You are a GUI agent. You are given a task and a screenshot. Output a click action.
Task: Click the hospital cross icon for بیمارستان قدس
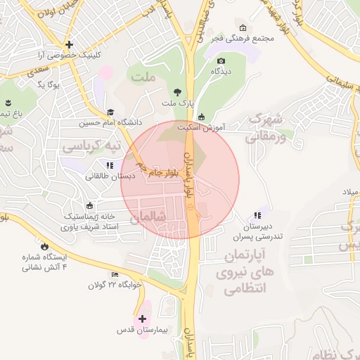pos(143,319)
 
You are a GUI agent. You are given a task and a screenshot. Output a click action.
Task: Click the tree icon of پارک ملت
pos(177,91)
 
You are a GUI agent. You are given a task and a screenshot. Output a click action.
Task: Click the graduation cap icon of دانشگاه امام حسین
pos(110,112)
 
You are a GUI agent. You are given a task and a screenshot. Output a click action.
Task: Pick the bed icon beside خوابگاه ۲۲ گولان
pos(115,274)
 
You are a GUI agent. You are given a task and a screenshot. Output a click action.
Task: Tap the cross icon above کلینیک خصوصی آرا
pos(69,44)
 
